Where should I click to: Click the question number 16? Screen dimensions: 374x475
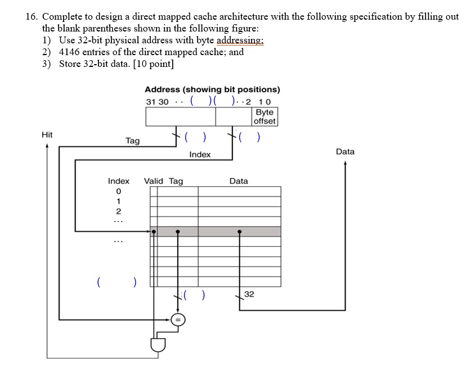tap(32, 17)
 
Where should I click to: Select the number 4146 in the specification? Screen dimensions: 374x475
tap(71, 52)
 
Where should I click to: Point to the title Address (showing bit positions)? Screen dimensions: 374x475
tap(212, 89)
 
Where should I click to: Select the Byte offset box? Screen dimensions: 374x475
tap(265, 116)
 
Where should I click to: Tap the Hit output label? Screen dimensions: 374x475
tap(47, 135)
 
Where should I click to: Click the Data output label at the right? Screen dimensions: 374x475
tap(345, 152)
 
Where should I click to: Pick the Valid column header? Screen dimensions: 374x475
tap(154, 181)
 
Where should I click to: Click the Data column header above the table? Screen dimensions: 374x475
tap(239, 181)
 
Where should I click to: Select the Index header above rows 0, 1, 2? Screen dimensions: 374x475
tap(119, 181)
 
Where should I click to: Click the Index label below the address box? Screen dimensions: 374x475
tap(200, 155)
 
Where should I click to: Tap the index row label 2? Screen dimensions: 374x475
tap(118, 211)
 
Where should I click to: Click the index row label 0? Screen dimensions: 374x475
tap(118, 192)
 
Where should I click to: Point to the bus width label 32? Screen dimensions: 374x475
tap(250, 294)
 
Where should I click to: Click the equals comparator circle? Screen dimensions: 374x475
tap(178, 320)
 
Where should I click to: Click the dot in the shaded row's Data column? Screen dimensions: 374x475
tap(240, 231)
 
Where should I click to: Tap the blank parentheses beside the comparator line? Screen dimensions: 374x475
tap(194, 294)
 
